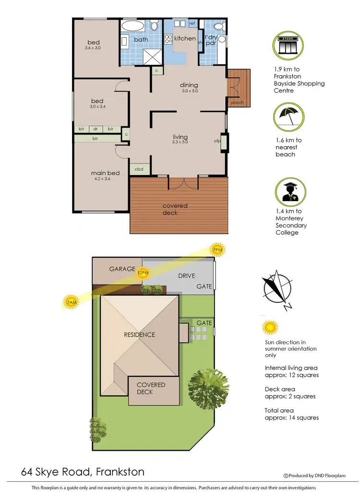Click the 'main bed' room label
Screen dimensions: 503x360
click(x=105, y=173)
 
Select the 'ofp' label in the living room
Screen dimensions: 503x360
click(x=217, y=141)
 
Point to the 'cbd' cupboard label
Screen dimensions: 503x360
click(x=139, y=169)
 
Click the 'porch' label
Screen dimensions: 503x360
click(x=237, y=102)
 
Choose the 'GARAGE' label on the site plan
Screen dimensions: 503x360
click(x=121, y=269)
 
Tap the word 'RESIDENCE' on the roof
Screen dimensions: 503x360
click(x=139, y=335)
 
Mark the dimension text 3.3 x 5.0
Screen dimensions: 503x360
click(x=180, y=142)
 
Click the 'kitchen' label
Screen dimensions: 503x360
click(x=185, y=38)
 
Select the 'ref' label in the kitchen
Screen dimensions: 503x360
click(x=192, y=23)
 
